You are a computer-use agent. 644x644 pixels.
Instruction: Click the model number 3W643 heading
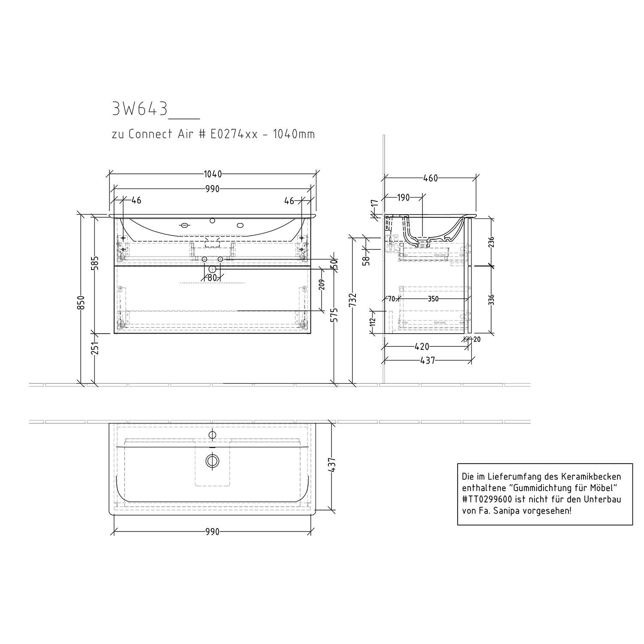140,109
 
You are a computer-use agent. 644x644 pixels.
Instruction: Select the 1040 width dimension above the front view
213,174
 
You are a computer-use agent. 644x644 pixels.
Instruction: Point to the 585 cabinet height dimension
95,263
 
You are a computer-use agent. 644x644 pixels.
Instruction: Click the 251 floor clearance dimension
95,346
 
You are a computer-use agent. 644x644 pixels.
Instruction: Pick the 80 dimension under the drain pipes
212,278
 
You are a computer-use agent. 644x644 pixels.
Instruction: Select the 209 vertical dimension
322,285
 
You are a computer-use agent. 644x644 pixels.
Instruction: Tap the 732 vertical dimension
353,301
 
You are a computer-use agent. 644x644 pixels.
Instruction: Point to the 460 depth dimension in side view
430,178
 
